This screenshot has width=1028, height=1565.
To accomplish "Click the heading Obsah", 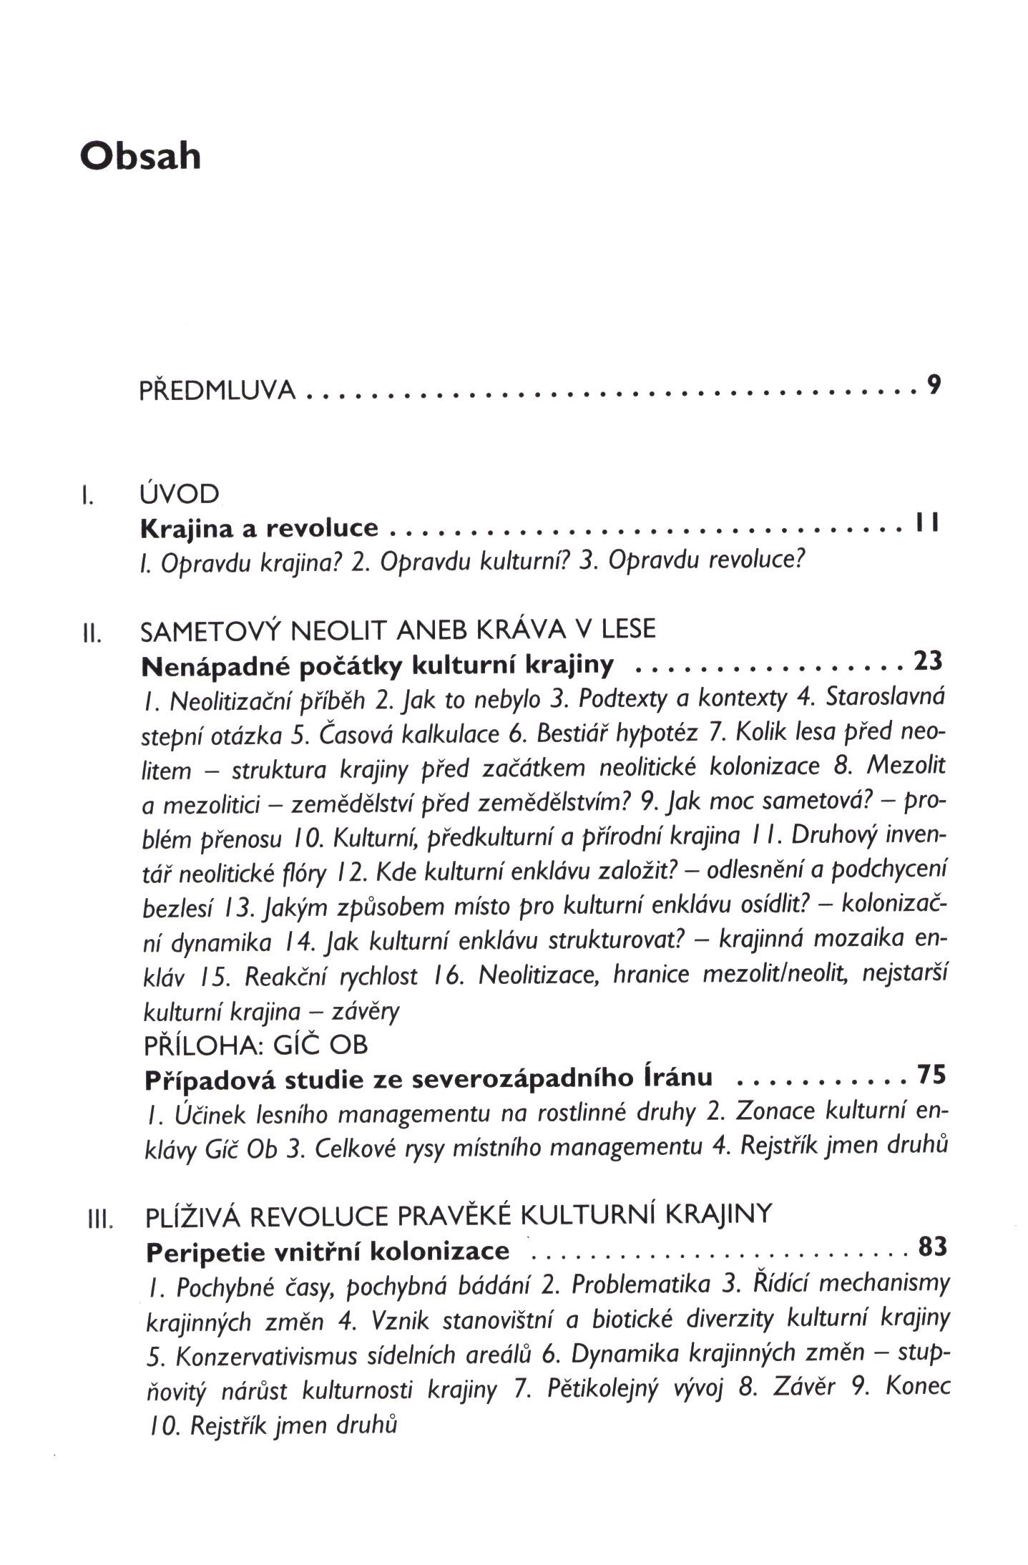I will tap(140, 156).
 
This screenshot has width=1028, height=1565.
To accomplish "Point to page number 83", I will tap(931, 1247).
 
